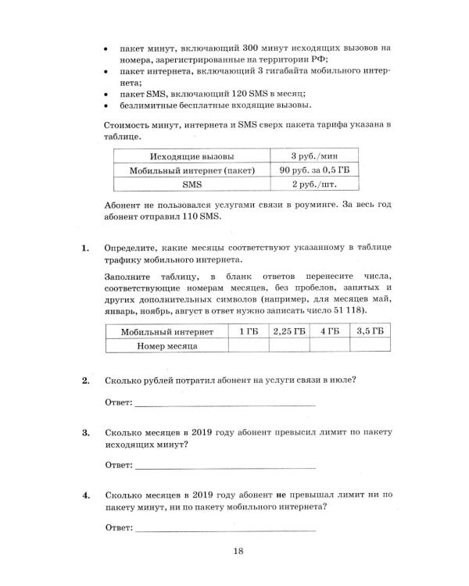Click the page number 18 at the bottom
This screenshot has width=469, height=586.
pos(238,552)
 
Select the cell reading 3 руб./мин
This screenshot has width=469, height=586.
pos(313,155)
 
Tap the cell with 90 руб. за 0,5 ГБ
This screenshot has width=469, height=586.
pos(313,170)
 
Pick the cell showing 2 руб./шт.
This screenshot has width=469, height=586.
pos(313,184)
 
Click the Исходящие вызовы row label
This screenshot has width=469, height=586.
pos(191,155)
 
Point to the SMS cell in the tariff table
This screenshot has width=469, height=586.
pos(192,184)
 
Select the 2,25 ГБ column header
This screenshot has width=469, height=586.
pos(288,331)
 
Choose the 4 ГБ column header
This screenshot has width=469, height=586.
pos(329,331)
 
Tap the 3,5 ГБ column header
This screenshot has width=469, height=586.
pos(369,331)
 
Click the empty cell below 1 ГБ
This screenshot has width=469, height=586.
pos(248,345)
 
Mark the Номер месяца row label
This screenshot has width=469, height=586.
pos(166,345)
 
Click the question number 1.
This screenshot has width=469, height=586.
pos(86,248)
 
